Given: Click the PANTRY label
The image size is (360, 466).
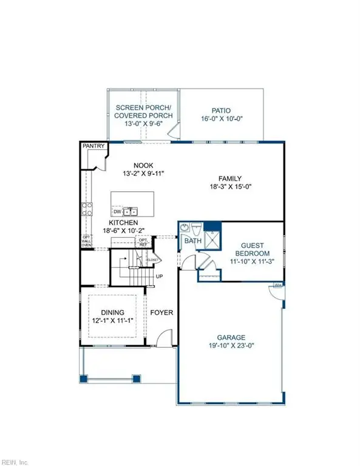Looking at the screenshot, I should click(x=93, y=146).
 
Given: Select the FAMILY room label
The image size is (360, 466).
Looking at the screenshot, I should click(x=231, y=178).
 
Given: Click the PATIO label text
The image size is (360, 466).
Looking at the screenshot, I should click(x=222, y=110).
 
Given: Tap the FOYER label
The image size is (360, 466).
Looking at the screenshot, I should click(x=161, y=313).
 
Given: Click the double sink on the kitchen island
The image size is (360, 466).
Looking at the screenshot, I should click(x=131, y=212).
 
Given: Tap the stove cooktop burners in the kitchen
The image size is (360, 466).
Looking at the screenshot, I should click(x=87, y=209).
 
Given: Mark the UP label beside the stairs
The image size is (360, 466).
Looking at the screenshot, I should click(x=160, y=277).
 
